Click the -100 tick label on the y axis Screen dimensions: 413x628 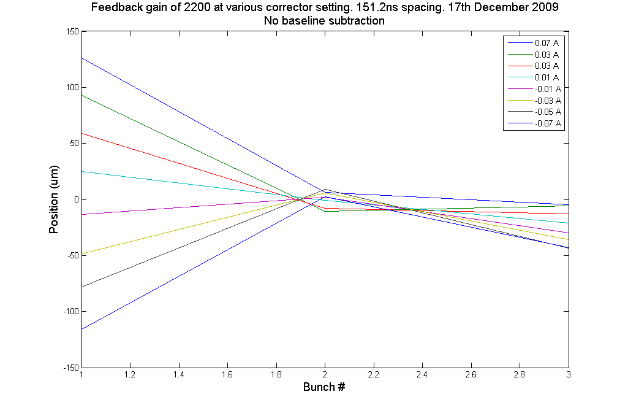[69, 312]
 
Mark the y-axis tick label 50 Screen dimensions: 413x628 [72, 144]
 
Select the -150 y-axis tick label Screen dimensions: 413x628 [69, 368]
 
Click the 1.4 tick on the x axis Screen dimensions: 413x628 [179, 374]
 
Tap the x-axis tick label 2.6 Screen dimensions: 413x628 [471, 374]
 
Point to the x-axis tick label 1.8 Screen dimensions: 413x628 [276, 374]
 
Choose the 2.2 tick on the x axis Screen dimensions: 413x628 [374, 374]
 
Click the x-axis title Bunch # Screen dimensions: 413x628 [325, 387]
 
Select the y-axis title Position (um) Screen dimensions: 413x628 [54, 199]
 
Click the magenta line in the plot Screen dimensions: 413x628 [184, 206]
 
